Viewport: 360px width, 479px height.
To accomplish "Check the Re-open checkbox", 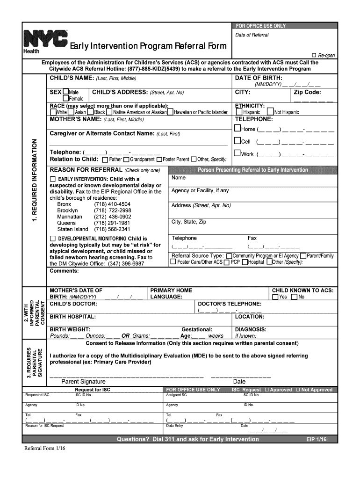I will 314,55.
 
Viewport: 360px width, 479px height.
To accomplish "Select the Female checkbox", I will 66,99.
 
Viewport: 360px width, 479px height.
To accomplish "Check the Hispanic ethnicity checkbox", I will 239,112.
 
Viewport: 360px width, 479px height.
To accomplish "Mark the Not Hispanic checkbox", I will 270,112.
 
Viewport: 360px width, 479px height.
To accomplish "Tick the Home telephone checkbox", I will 238,129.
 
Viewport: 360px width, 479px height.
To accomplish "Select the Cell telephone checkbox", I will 238,141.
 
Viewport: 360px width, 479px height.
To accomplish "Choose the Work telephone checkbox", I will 238,153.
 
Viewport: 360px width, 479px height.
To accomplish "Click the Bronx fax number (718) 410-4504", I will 112,204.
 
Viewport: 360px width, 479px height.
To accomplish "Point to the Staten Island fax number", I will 112,229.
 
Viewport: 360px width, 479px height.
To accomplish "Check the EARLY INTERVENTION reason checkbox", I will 53,179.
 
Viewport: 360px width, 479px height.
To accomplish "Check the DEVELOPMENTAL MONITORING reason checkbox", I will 53,239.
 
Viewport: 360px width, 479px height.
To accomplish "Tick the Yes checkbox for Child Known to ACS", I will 275,297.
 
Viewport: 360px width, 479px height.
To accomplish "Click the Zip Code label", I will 307,92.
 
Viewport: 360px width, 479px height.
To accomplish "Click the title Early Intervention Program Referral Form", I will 148,46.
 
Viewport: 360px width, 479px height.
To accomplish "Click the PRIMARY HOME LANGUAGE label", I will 171,293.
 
